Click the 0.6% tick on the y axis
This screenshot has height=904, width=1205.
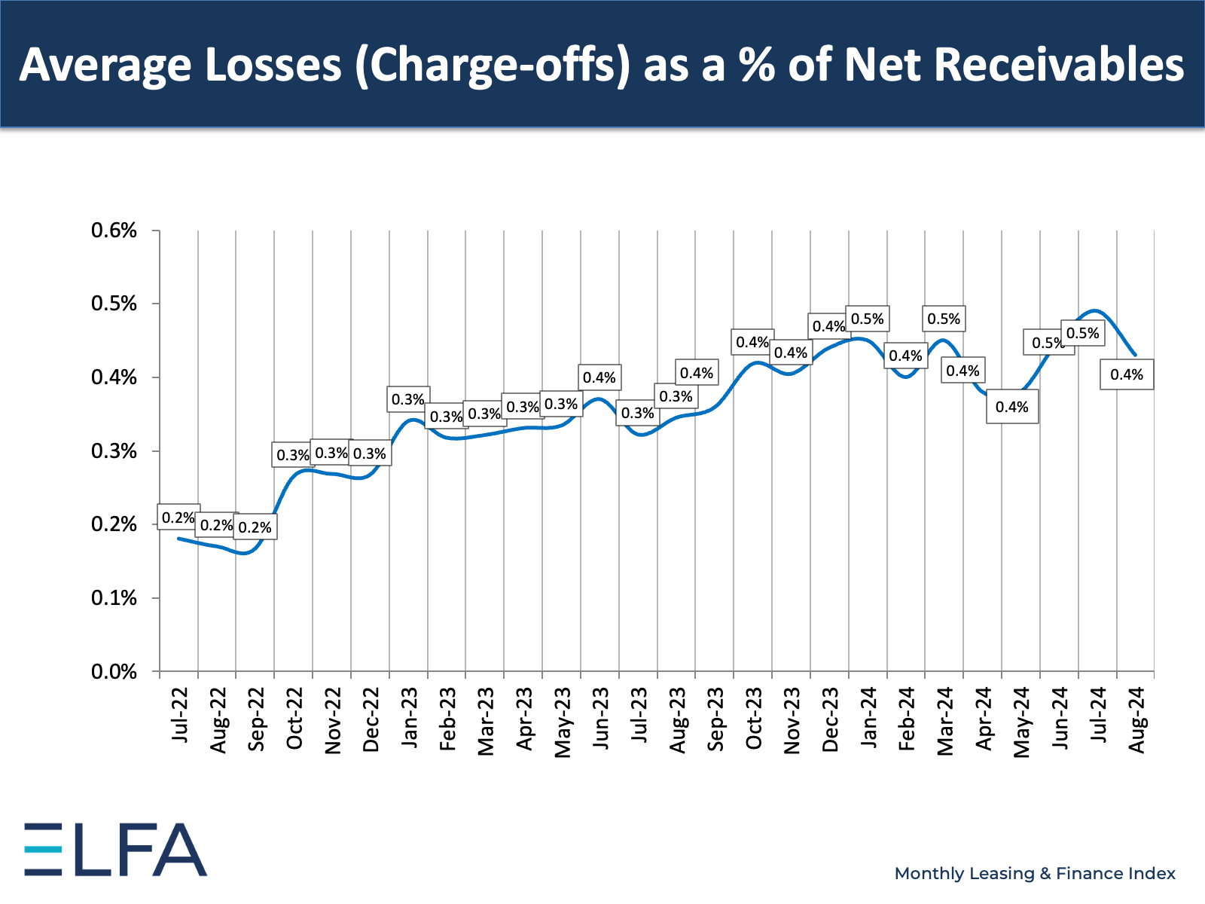114,231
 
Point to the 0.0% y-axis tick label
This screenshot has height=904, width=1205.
114,671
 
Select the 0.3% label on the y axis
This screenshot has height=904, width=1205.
114,451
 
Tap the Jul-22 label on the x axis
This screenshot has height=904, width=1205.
179,714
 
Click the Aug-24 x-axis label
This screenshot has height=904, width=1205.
1136,719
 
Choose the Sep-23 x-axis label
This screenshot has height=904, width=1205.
715,719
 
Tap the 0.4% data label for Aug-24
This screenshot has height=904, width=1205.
1127,374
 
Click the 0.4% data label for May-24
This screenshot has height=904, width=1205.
1011,407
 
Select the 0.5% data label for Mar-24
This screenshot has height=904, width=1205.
944,319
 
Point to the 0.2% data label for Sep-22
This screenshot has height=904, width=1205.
255,527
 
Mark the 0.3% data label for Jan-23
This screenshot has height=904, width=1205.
408,399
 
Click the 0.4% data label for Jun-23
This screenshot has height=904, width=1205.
599,377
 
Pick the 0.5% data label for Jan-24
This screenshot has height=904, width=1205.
868,319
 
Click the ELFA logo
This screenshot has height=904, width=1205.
115,849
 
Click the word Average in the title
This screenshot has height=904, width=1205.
105,65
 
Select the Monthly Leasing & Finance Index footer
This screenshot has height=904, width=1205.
1035,873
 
